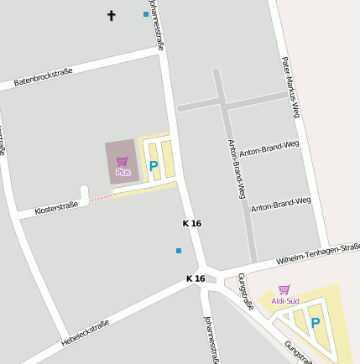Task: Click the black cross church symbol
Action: pyautogui.click(x=112, y=15)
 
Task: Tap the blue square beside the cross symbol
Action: pyautogui.click(x=146, y=14)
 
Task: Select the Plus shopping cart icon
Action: pyautogui.click(x=123, y=160)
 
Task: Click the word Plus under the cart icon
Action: pyautogui.click(x=123, y=172)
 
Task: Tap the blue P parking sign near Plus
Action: pyautogui.click(x=153, y=166)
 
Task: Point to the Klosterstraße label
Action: pyautogui.click(x=56, y=207)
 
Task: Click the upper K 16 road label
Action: pyautogui.click(x=192, y=224)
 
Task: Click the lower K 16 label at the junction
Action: pyautogui.click(x=196, y=278)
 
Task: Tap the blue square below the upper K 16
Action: pyautogui.click(x=178, y=250)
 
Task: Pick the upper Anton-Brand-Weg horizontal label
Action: pyautogui.click(x=269, y=148)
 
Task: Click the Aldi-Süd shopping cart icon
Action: pyautogui.click(x=284, y=289)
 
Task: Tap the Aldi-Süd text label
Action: pyautogui.click(x=285, y=301)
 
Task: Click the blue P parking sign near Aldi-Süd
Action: pyautogui.click(x=316, y=322)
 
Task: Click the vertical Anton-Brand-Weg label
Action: pyautogui.click(x=237, y=168)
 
